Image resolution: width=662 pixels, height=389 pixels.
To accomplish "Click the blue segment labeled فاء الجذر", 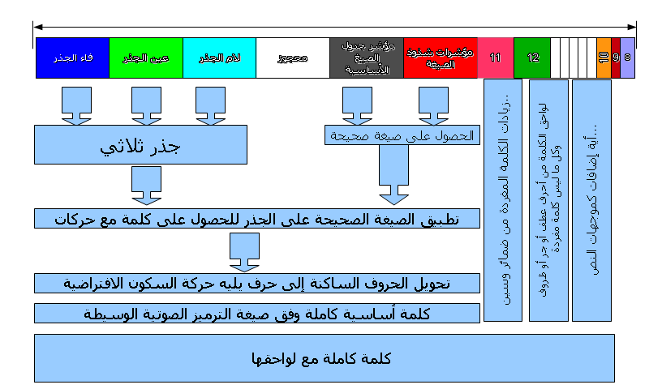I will pyautogui.click(x=72, y=58).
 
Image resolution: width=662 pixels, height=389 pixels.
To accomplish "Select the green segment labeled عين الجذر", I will pyautogui.click(x=145, y=58).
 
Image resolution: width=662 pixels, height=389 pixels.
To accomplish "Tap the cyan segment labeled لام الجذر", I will pyautogui.click(x=219, y=58).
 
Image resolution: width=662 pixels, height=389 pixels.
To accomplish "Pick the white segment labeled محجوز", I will pyautogui.click(x=293, y=58).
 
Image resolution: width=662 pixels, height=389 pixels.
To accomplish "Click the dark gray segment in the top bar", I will pyautogui.click(x=367, y=58).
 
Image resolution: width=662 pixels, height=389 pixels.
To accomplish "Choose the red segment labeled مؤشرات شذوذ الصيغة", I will pyautogui.click(x=441, y=58).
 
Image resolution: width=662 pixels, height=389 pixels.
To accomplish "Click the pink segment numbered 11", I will pyautogui.click(x=496, y=58).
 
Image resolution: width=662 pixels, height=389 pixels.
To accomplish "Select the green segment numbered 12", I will pyautogui.click(x=532, y=58).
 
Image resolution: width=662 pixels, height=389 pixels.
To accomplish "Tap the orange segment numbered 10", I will pyautogui.click(x=603, y=58).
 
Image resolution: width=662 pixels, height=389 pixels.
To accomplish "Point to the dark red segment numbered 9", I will pyautogui.click(x=616, y=58).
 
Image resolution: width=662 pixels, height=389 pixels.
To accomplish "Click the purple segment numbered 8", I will pyautogui.click(x=627, y=58).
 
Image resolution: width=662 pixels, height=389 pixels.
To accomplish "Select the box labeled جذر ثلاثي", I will pyautogui.click(x=140, y=147).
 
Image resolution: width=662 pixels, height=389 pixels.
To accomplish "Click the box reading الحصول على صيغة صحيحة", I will pyautogui.click(x=402, y=135).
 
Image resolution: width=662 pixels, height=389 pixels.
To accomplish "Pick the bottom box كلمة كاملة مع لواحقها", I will pyautogui.click(x=324, y=357).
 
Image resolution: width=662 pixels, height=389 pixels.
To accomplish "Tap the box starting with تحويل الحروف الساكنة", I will pyautogui.click(x=257, y=283).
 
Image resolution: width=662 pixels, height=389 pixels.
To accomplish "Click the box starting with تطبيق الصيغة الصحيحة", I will pyautogui.click(x=257, y=218).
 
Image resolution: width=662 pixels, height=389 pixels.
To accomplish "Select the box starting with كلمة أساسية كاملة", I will pyautogui.click(x=257, y=314).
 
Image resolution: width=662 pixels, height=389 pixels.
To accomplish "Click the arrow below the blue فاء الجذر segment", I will pyautogui.click(x=76, y=105).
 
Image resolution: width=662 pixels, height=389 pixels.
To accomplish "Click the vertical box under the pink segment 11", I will pyautogui.click(x=503, y=200).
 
